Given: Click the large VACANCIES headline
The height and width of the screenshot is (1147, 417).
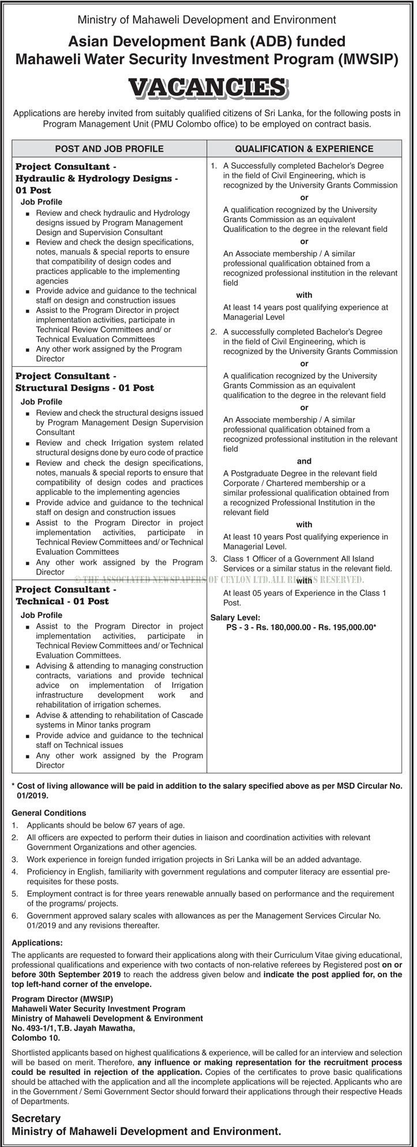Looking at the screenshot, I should (208, 88).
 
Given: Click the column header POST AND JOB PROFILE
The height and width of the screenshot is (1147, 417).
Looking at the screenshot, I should (110, 149).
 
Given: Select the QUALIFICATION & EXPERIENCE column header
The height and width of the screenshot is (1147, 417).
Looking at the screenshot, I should (304, 149).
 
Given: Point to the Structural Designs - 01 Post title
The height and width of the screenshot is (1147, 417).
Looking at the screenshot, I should (85, 388).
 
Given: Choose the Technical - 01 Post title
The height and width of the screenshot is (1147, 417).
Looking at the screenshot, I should (62, 601).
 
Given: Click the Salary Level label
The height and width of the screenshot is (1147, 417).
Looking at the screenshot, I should (235, 616).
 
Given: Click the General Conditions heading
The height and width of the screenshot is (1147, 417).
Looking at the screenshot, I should (48, 813).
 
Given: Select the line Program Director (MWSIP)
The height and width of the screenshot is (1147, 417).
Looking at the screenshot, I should (62, 998).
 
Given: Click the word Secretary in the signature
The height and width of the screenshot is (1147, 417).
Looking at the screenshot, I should (36, 1118).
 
